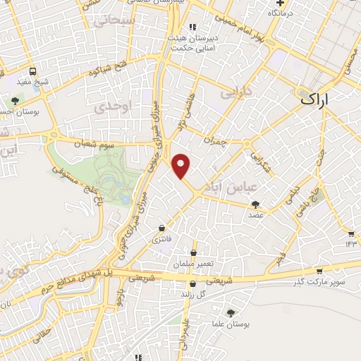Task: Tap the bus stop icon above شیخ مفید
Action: (x=33, y=71)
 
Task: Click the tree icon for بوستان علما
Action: (x=231, y=312)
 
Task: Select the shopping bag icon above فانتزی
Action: (x=163, y=228)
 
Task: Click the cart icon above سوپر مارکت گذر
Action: (x=319, y=270)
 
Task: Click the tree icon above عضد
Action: (x=255, y=204)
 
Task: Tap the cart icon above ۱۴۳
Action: (x=351, y=233)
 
